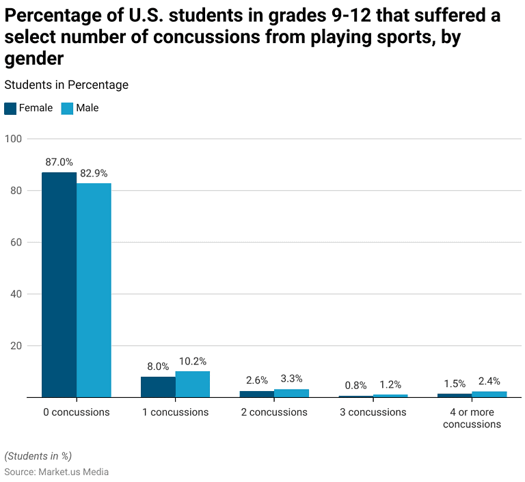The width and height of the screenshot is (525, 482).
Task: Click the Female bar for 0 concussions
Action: click(x=59, y=284)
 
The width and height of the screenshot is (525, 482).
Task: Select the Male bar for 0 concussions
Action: click(x=94, y=290)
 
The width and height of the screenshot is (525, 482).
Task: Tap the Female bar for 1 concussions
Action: click(x=158, y=387)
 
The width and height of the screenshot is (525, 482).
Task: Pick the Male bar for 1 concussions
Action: click(x=193, y=384)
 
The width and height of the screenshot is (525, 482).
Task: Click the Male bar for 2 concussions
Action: click(x=291, y=393)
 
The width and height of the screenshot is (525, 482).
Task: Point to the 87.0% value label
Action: click(x=59, y=163)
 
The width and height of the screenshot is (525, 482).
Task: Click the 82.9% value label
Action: click(x=94, y=174)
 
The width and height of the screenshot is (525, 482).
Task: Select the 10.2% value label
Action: click(x=193, y=362)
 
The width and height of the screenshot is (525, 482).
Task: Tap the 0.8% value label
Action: click(x=355, y=386)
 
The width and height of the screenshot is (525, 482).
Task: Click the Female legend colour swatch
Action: click(x=10, y=108)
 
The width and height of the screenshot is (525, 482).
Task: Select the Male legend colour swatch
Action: click(x=67, y=108)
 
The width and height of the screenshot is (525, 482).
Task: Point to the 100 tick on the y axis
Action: click(x=14, y=139)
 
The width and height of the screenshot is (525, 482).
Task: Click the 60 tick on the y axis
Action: click(x=15, y=243)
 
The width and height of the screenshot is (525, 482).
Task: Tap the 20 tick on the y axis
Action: click(x=15, y=346)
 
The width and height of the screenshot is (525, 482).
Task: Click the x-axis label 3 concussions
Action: click(x=373, y=412)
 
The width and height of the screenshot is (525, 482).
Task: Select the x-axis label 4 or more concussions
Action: click(x=472, y=418)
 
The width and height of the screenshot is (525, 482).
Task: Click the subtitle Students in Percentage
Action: click(x=66, y=85)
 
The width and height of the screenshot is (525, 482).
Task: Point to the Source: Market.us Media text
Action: click(x=56, y=472)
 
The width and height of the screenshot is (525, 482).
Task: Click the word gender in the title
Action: click(x=34, y=59)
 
